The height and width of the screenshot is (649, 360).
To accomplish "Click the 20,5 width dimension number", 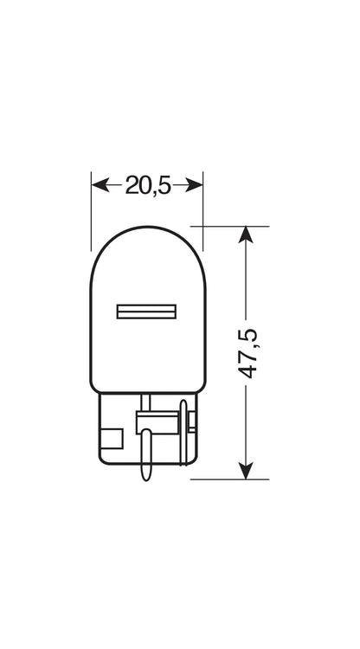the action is [x=148, y=185].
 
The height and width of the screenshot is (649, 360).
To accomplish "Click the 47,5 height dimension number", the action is [x=248, y=353].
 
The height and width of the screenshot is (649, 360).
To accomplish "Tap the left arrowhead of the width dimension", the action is [x=100, y=185].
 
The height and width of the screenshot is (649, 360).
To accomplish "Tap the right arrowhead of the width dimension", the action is [x=194, y=185].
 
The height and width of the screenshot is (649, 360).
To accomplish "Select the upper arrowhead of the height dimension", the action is [x=246, y=235].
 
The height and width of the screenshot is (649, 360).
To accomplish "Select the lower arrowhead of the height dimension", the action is [x=246, y=471].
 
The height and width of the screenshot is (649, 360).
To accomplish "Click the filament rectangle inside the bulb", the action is [x=146, y=312].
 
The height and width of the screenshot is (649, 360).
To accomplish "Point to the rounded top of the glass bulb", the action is [x=148, y=228].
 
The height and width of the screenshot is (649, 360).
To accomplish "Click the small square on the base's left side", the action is [x=112, y=439].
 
